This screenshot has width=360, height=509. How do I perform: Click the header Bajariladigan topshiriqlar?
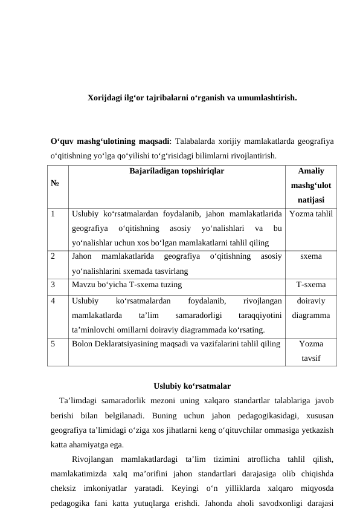[176, 171]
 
